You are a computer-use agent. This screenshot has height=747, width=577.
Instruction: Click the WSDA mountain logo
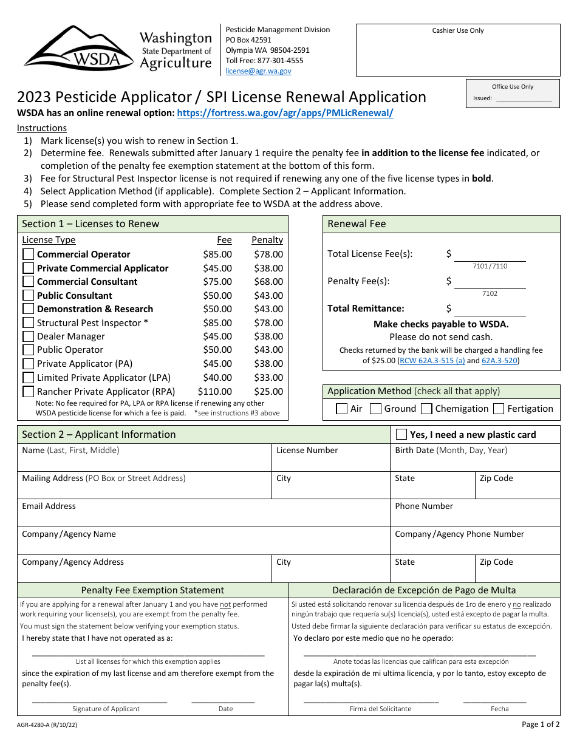(x=79, y=48)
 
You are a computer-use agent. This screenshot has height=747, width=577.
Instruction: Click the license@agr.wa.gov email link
(x=258, y=71)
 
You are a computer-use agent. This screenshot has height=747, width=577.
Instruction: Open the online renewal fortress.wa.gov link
(x=285, y=113)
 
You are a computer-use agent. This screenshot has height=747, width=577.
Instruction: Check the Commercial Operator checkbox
(x=29, y=254)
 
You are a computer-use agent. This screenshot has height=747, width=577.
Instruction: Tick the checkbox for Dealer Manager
(x=29, y=336)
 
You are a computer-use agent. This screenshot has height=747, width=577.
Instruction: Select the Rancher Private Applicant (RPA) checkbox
(x=29, y=391)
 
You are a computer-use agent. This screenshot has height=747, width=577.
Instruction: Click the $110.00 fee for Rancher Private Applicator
(x=214, y=392)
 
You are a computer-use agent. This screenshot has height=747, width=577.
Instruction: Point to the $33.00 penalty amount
(x=268, y=378)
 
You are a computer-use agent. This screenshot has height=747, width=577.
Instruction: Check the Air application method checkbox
(x=342, y=409)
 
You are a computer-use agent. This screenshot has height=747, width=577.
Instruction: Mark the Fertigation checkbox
(x=499, y=409)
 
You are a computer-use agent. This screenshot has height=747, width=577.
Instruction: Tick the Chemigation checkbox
(x=426, y=409)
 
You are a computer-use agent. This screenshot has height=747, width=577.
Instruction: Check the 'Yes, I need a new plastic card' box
(x=401, y=434)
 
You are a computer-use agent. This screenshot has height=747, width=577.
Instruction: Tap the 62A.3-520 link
(x=500, y=361)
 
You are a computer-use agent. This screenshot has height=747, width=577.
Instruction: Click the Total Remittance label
(x=366, y=309)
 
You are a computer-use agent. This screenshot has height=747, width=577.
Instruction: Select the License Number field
(x=330, y=461)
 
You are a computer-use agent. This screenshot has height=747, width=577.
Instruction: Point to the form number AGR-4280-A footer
(x=47, y=725)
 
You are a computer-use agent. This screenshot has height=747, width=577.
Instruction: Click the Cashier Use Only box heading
(x=458, y=31)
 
